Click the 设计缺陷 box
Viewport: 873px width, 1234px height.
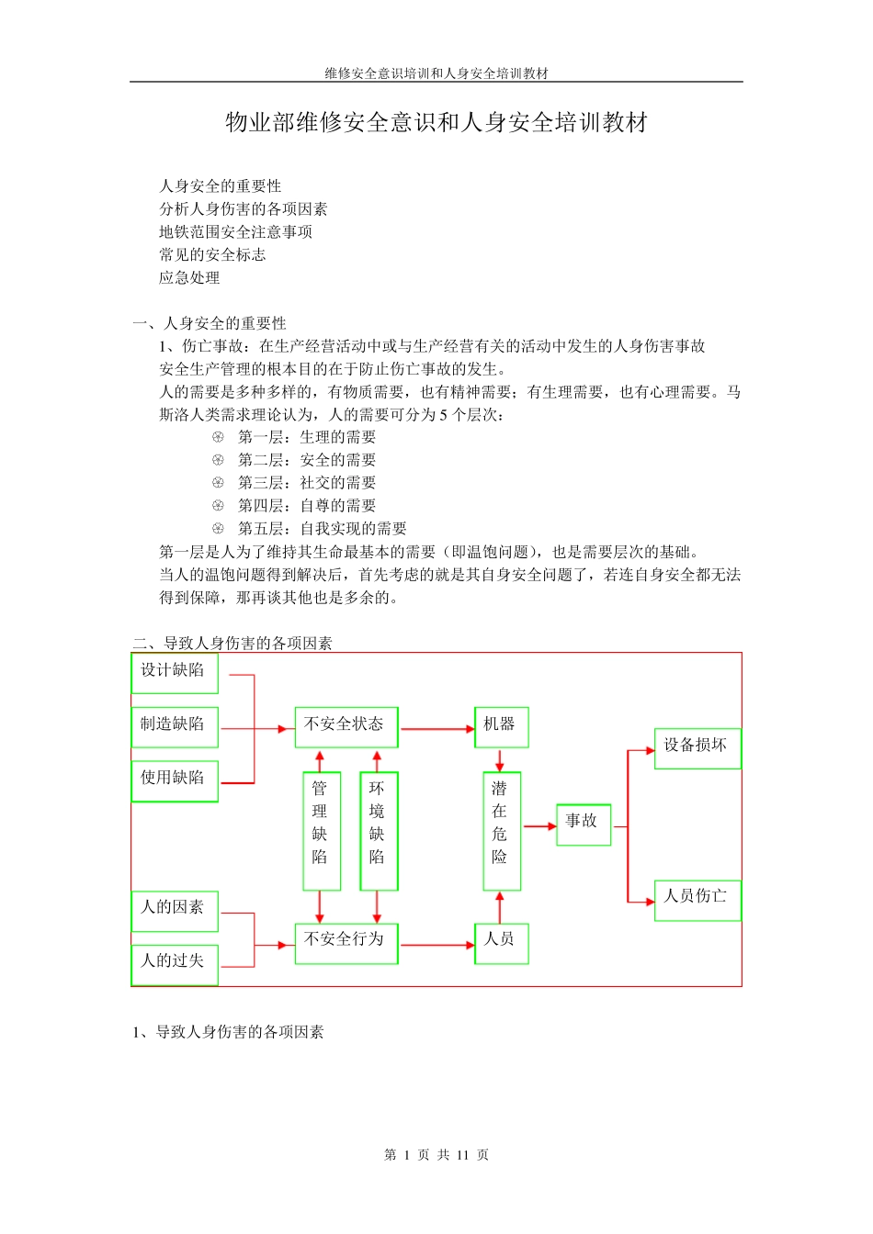(x=175, y=673)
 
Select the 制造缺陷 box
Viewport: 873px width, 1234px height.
(x=175, y=727)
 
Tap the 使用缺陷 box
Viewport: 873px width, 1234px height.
(x=175, y=780)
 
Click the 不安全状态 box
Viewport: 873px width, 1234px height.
(x=346, y=727)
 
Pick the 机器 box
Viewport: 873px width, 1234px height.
(x=501, y=727)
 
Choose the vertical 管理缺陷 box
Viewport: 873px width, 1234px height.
(x=321, y=831)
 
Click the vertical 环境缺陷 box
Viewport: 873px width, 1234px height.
(x=378, y=831)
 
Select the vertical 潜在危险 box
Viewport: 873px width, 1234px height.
(x=501, y=831)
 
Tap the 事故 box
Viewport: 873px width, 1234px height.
(x=583, y=824)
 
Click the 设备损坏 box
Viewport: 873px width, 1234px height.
(x=697, y=747)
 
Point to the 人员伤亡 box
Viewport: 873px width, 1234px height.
(x=697, y=899)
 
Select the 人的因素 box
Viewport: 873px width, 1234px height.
(x=175, y=910)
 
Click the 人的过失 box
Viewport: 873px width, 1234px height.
(x=175, y=964)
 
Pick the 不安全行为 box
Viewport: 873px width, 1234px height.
(x=346, y=943)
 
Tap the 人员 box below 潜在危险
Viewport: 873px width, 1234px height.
(x=501, y=943)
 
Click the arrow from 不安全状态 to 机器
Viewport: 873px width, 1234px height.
(x=436, y=729)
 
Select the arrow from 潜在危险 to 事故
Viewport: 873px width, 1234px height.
(x=539, y=826)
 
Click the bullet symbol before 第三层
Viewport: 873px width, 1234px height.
(x=218, y=483)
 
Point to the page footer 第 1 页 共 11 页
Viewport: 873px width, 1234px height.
(x=436, y=1155)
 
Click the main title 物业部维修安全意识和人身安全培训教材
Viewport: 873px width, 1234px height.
(x=436, y=122)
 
